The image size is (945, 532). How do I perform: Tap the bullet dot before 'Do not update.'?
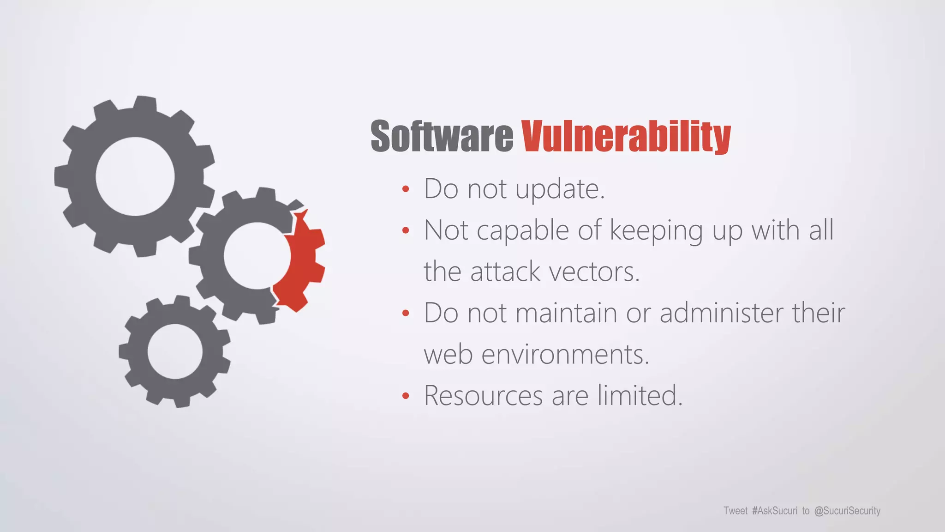pos(406,189)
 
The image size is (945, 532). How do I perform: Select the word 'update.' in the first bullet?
pos(560,189)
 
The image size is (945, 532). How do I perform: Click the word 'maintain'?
pos(566,313)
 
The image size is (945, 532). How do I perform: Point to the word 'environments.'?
pos(565,355)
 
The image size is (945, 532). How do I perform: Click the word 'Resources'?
pos(483,396)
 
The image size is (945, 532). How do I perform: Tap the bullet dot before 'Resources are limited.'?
pos(406,396)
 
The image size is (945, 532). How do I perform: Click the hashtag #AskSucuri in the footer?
pos(774,511)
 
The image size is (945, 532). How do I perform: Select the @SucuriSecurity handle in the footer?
pos(847,511)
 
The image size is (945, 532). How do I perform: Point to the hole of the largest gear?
pos(135,176)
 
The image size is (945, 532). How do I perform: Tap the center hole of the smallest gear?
pos(175,351)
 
